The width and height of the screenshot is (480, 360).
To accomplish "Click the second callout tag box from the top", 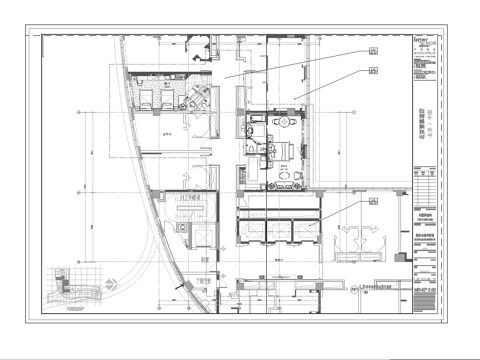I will click(373, 70).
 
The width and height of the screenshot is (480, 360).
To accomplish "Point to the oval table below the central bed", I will click(287, 177).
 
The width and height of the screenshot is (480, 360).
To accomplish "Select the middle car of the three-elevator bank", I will click(279, 228).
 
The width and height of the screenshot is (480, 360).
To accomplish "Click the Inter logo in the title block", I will click(423, 41).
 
